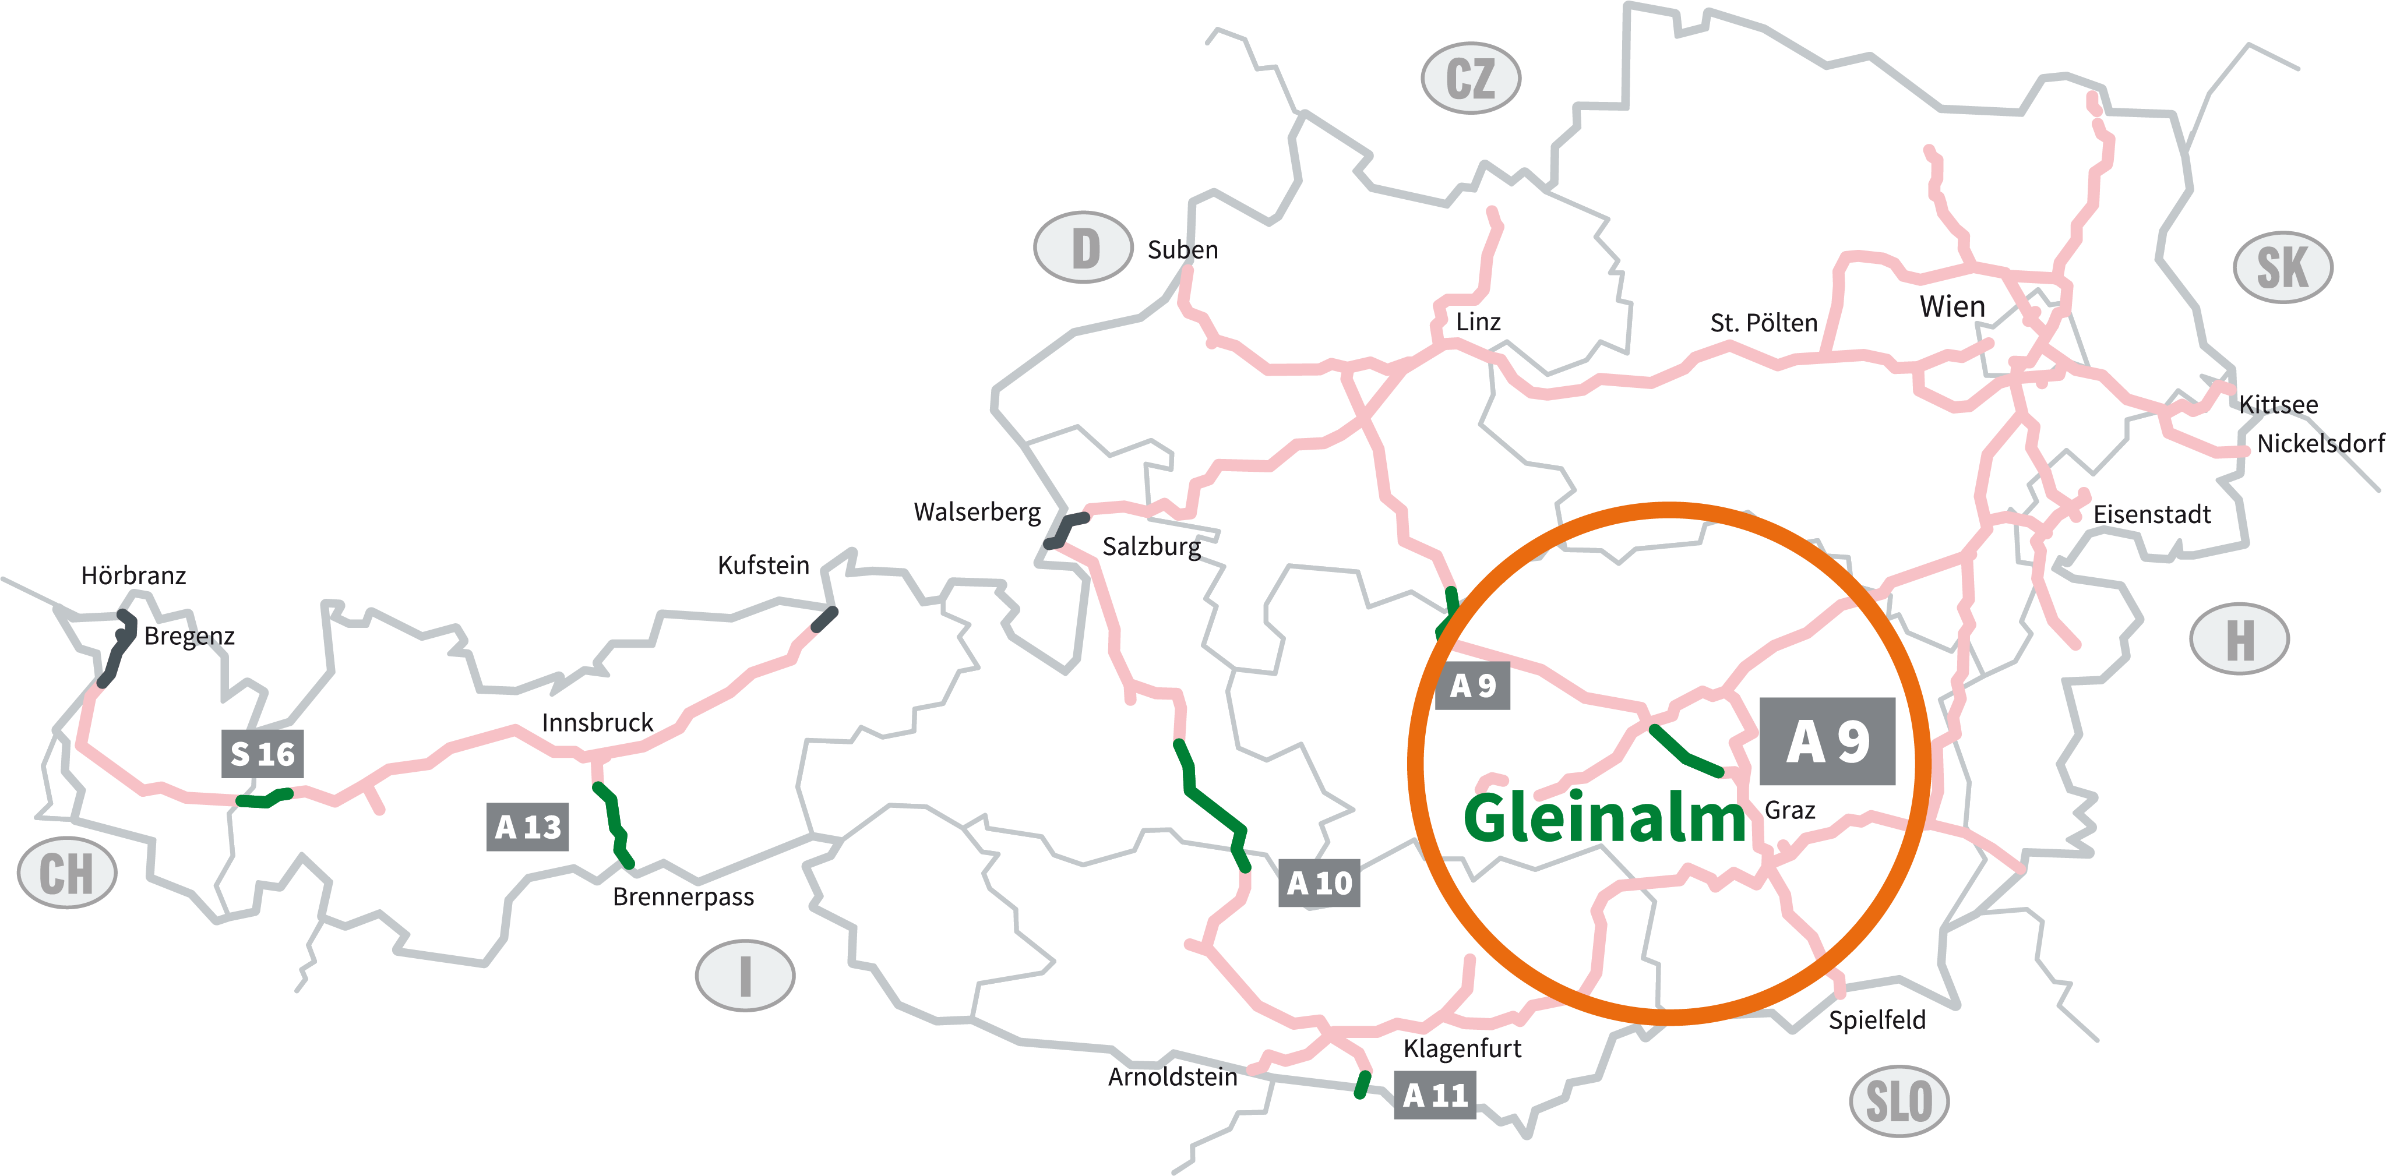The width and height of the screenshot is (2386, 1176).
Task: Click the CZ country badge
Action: click(x=1470, y=78)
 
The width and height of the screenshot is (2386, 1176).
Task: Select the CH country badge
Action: click(x=66, y=873)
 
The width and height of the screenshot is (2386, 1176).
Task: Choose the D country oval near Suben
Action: click(x=1083, y=247)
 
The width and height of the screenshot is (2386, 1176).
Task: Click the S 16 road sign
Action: click(x=262, y=754)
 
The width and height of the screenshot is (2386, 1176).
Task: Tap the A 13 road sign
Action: click(x=527, y=826)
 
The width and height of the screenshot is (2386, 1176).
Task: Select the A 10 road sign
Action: click(x=1319, y=882)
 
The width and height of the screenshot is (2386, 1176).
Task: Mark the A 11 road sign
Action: click(x=1434, y=1096)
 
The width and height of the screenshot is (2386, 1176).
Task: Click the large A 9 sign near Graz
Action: click(x=1827, y=741)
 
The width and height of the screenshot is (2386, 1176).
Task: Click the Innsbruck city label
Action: click(x=597, y=722)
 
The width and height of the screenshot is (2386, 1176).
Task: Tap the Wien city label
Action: click(x=1951, y=306)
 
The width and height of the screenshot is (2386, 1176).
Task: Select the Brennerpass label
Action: click(x=683, y=896)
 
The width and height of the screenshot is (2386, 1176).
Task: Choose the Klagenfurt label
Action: click(x=1462, y=1048)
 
